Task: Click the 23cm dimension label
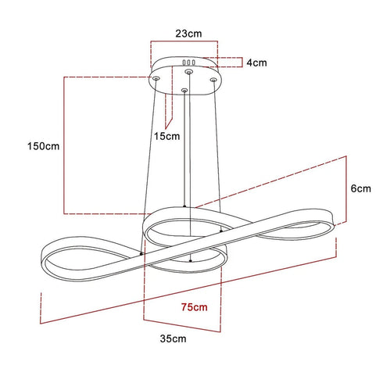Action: tap(188, 34)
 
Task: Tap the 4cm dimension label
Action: tap(256, 63)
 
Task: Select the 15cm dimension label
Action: tap(166, 136)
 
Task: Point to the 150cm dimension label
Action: tap(44, 146)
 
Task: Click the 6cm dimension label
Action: tap(360, 188)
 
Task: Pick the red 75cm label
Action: tap(195, 307)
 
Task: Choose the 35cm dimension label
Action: tap(173, 338)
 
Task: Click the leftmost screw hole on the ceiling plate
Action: tap(156, 78)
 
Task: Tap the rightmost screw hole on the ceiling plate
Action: tap(213, 80)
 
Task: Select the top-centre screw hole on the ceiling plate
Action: tap(188, 71)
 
